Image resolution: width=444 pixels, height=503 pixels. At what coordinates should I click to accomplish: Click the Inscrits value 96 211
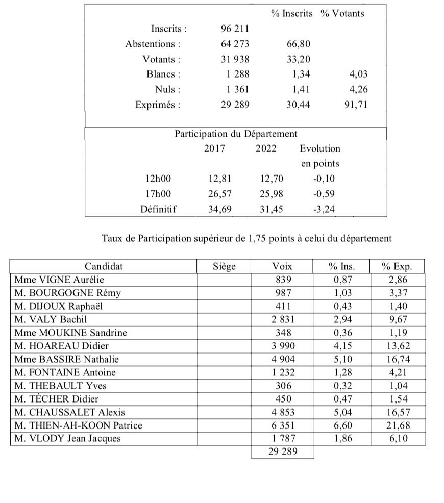[x=235, y=28]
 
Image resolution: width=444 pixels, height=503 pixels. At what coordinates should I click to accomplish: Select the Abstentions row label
[x=153, y=44]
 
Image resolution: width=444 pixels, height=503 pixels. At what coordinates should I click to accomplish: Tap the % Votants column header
[x=342, y=14]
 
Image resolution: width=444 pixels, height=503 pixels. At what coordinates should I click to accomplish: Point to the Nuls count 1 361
[x=238, y=90]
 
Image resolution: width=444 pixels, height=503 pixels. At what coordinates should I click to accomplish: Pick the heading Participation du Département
[x=236, y=134]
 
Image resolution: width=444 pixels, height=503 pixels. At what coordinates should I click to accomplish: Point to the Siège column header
[x=224, y=266]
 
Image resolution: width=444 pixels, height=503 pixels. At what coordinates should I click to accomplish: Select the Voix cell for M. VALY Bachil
[x=282, y=319]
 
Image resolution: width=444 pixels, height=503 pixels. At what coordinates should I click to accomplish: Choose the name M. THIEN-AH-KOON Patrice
[x=78, y=425]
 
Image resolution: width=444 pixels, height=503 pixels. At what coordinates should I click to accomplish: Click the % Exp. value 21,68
[x=397, y=425]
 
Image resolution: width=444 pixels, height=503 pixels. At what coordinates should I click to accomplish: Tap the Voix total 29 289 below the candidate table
[x=282, y=451]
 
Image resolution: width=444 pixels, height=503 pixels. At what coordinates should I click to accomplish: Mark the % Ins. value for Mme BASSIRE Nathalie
[x=341, y=359]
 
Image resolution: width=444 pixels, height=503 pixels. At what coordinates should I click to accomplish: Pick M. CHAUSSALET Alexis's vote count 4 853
[x=282, y=412]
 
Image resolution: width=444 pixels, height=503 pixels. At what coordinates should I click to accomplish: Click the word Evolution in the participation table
[x=319, y=149]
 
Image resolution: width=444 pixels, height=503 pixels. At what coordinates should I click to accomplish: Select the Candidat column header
[x=104, y=266]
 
